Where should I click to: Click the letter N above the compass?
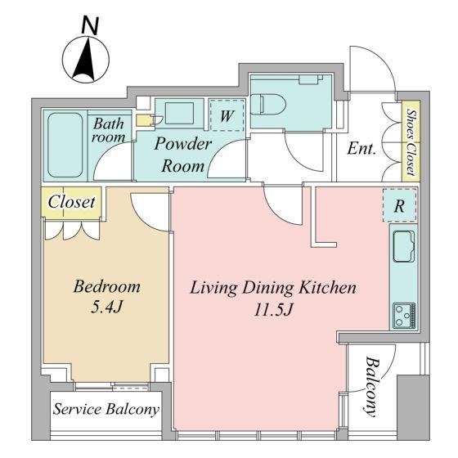click(x=90, y=25)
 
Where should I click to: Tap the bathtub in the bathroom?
click(x=65, y=146)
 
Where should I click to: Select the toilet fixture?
click(x=268, y=105)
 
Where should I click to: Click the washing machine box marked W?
click(x=227, y=115)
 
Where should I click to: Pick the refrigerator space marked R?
click(x=399, y=205)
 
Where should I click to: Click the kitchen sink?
click(x=404, y=246)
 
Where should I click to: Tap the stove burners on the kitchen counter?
click(x=404, y=316)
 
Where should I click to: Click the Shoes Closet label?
click(x=411, y=142)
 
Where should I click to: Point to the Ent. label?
click(x=361, y=149)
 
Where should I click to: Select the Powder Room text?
click(x=183, y=155)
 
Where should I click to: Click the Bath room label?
click(x=108, y=130)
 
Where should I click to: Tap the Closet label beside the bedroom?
click(x=72, y=202)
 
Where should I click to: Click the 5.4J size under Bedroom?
click(x=106, y=307)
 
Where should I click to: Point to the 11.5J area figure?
click(x=273, y=310)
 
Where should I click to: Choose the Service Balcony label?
click(x=106, y=409)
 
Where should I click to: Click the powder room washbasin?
click(x=179, y=113)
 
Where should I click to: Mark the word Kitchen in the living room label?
click(x=327, y=287)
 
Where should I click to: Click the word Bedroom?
click(x=107, y=286)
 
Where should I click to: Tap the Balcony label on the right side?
click(x=372, y=386)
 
